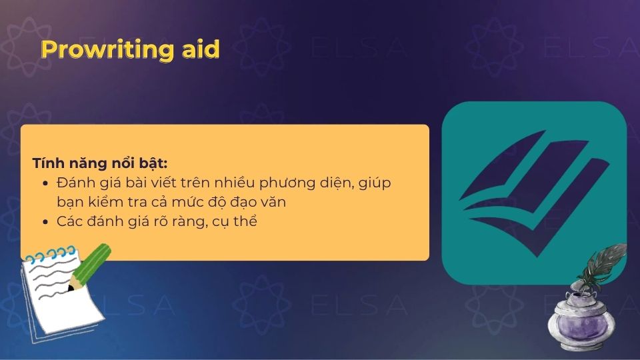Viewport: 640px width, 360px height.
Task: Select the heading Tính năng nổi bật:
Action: pos(99,163)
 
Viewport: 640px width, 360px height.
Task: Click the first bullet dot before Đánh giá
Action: pos(45,183)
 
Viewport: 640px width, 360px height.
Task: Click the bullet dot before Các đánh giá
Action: pos(45,222)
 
